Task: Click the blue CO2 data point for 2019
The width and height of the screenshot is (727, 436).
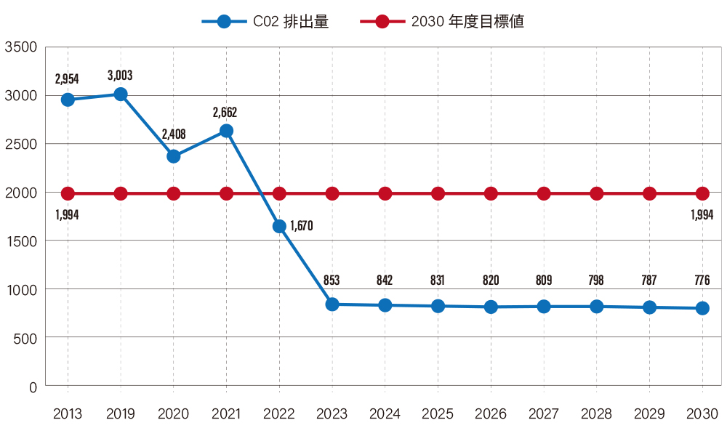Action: click(x=121, y=94)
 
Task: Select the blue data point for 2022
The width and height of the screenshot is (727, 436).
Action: click(x=279, y=226)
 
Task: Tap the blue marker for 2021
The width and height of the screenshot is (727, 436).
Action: click(x=226, y=131)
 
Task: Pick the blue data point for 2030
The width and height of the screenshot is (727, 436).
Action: click(x=702, y=308)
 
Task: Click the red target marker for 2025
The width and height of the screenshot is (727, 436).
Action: click(x=438, y=193)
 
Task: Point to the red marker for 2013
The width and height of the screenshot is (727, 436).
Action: click(x=68, y=193)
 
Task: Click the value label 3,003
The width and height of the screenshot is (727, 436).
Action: click(x=120, y=75)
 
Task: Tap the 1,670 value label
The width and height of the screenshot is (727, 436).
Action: click(x=301, y=226)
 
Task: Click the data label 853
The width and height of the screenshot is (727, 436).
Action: click(x=332, y=280)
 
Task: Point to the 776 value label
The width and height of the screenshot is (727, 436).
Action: click(x=702, y=280)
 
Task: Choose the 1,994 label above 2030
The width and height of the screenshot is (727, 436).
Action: click(x=702, y=215)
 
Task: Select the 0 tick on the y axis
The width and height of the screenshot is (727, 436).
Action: click(x=33, y=387)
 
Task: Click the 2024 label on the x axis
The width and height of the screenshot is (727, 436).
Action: click(x=385, y=414)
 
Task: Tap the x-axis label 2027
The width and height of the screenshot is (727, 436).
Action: click(x=543, y=414)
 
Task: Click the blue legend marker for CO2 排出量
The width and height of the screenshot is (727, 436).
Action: click(x=224, y=22)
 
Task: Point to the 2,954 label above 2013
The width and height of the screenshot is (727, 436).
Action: click(x=67, y=79)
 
